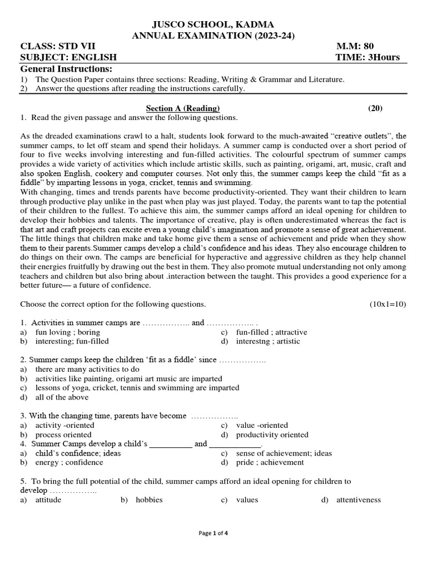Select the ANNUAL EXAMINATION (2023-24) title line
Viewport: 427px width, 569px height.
213,36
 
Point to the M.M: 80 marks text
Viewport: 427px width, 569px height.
356,47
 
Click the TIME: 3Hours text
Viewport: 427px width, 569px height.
368,58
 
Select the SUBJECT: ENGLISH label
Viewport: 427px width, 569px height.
68,58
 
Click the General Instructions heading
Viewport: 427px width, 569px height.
66,69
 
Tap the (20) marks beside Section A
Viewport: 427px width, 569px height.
375,108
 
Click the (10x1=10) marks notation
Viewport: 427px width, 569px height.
388,304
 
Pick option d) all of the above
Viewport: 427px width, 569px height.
62,397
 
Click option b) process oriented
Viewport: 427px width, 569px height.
63,435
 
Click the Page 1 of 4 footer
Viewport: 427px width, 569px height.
213,533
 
